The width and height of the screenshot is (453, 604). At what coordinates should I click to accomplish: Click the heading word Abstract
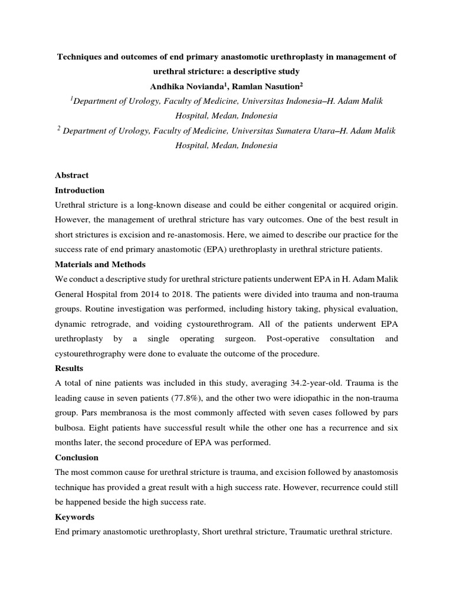pos(71,175)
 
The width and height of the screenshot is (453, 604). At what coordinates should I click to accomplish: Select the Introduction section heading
pos(80,191)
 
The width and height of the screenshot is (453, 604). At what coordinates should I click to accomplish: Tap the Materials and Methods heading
pos(100,264)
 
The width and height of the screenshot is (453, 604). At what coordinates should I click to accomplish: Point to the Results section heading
pos(69,367)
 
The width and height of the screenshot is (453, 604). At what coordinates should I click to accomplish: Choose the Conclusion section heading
pos(77,457)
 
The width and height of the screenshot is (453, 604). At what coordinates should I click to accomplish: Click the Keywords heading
pos(74,517)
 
